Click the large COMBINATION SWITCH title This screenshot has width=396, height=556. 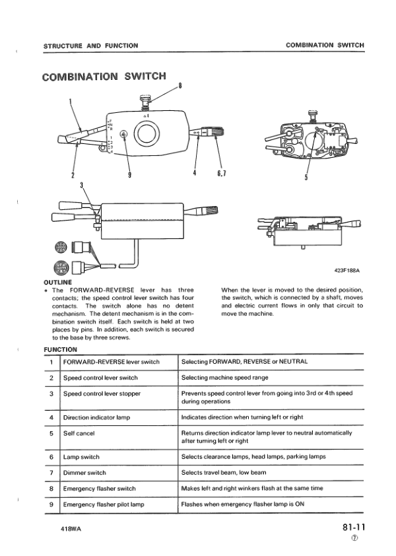104,76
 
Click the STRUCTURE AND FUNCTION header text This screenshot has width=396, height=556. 90,46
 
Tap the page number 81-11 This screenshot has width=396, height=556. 353,528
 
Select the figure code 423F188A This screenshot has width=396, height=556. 349,270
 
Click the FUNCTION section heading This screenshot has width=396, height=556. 60,349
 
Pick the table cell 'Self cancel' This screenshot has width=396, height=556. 79,434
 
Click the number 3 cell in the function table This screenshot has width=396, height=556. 51,394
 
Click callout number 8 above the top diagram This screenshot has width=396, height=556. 180,85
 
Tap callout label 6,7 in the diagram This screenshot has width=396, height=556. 222,174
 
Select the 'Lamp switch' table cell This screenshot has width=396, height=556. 81,457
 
